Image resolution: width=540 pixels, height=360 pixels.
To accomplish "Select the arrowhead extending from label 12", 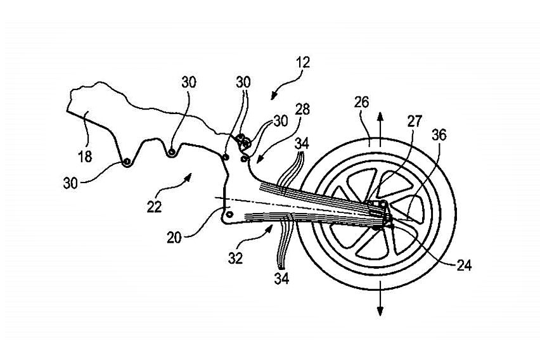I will pyautogui.click(x=272, y=96).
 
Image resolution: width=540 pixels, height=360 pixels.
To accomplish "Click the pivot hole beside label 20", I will pyautogui.click(x=229, y=215).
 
